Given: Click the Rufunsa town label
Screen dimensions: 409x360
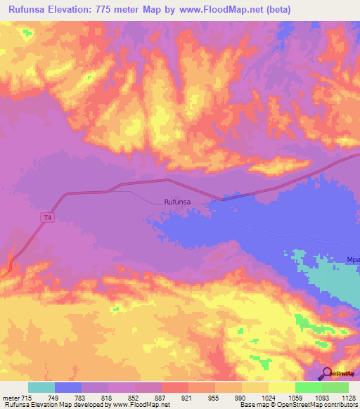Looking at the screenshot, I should pos(177,202).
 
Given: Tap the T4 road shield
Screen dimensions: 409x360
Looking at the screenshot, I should pos(47,218).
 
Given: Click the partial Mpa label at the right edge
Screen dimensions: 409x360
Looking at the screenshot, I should pos(352,260).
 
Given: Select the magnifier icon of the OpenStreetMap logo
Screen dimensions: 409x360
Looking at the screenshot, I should pos(326,373).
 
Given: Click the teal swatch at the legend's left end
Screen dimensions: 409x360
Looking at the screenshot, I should pos(41,387).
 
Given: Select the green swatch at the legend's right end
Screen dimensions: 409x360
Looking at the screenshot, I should pos(335,387).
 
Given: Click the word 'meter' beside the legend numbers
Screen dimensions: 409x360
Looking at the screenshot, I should pos(11,398).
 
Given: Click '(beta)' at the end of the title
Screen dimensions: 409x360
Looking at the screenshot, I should pos(274,9).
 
